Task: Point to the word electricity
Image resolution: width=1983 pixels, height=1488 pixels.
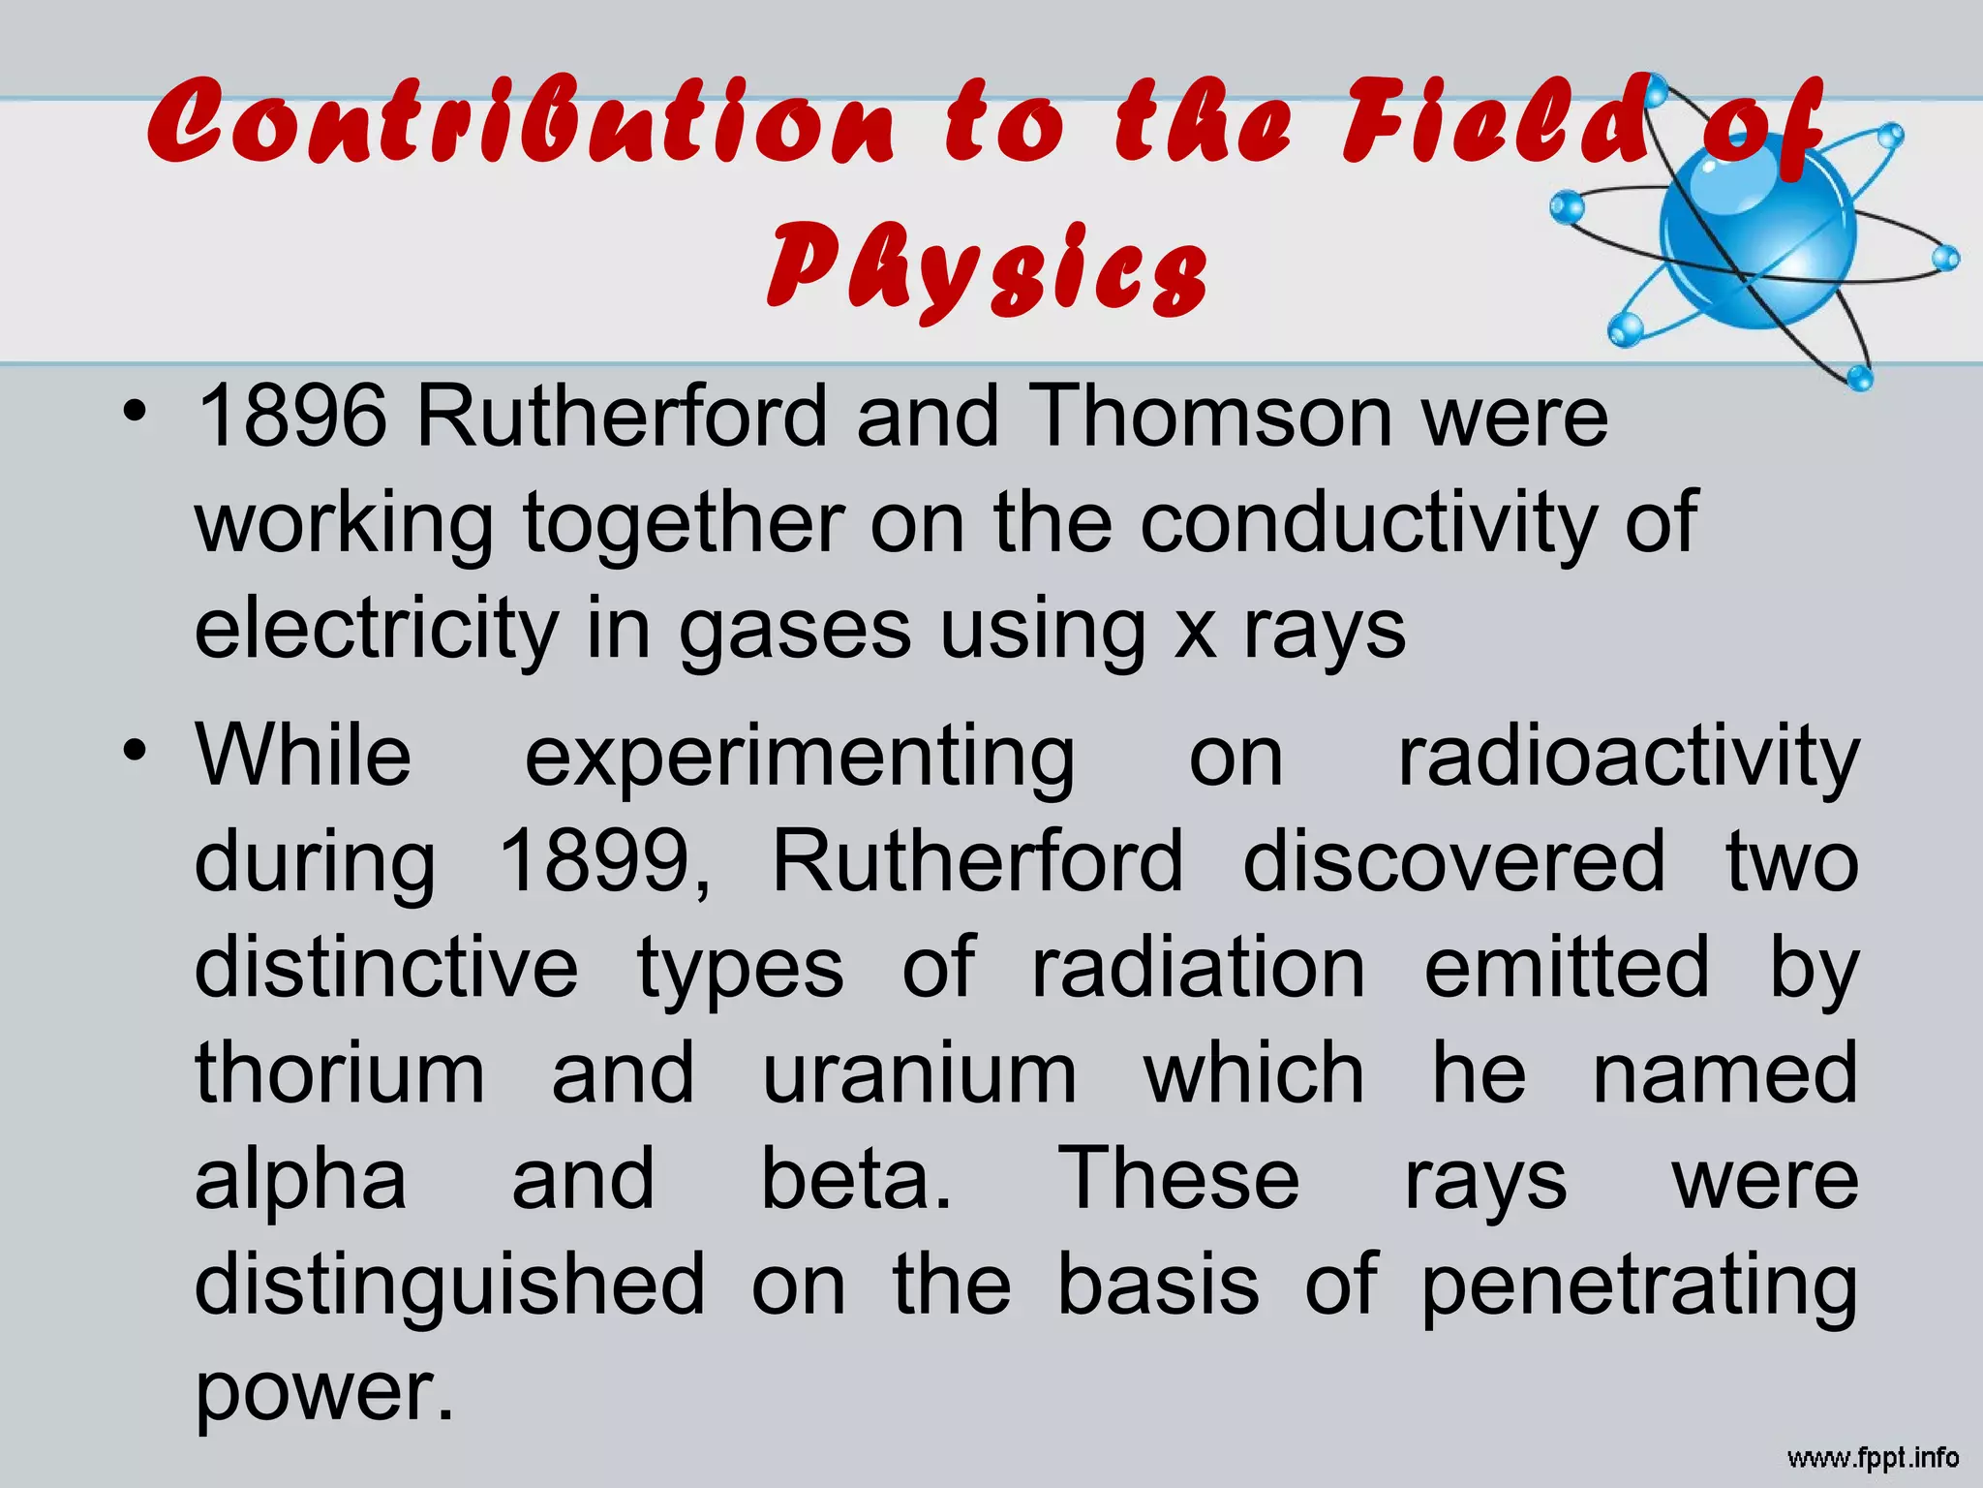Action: (376, 630)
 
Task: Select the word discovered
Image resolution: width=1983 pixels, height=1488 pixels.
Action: (1453, 862)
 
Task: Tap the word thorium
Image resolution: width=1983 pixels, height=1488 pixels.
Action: (340, 1073)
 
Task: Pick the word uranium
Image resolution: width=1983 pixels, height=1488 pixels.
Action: (919, 1073)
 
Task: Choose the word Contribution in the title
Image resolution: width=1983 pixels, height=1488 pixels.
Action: (522, 124)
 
